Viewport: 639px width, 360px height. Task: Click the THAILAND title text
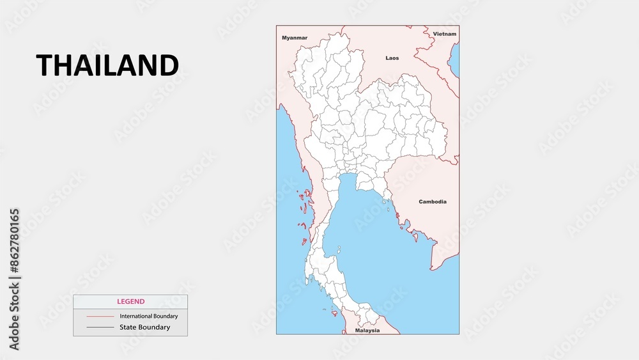pos(107,65)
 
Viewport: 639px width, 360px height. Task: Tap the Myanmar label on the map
pos(295,38)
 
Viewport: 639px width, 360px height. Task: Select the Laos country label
pos(392,58)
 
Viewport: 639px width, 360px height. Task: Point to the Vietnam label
pos(445,33)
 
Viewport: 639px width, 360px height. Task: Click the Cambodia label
pos(433,201)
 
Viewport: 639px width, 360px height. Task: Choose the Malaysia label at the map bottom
pos(367,331)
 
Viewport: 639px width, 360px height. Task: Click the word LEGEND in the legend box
pos(130,301)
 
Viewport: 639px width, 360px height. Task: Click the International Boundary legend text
pos(149,316)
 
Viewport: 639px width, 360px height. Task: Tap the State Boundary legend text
pos(145,327)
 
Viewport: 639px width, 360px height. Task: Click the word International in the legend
pos(134,316)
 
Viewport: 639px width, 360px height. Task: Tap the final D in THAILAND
pos(169,65)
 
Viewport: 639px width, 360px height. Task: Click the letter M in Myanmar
pos(284,38)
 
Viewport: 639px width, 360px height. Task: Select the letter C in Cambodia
pos(421,201)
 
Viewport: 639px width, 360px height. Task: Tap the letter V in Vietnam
pos(435,33)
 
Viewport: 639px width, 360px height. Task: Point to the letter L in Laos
pos(387,58)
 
